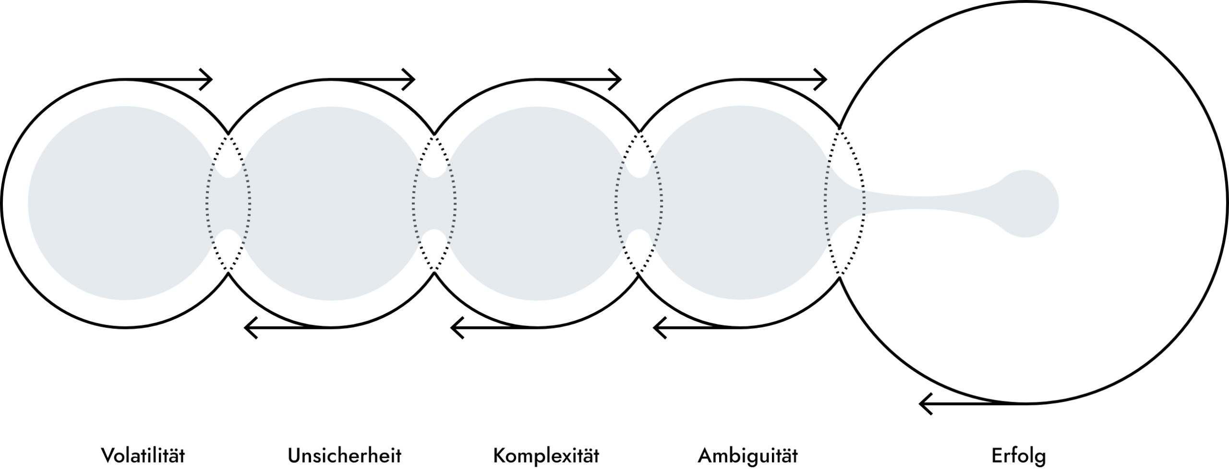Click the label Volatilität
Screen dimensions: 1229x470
point(143,455)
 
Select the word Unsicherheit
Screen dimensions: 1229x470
point(344,455)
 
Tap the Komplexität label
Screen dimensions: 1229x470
point(546,455)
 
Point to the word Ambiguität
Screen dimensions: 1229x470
point(748,455)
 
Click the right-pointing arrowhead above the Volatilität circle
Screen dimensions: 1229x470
point(205,79)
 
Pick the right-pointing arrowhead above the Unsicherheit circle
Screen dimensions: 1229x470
point(408,79)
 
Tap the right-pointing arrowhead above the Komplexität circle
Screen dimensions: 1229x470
point(614,79)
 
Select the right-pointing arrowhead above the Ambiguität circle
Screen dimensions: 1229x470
point(820,79)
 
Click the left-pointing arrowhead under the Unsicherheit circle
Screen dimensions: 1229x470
point(251,328)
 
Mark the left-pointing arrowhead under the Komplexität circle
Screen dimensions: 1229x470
point(457,328)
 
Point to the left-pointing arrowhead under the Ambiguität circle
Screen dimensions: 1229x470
point(660,328)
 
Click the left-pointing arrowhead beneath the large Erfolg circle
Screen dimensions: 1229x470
point(926,403)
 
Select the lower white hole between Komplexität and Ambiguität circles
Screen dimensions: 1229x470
point(639,241)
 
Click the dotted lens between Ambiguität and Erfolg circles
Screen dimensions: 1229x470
point(845,202)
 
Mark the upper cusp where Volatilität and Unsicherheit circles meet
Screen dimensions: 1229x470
point(229,133)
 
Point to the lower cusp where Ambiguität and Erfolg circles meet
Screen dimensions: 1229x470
point(840,277)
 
